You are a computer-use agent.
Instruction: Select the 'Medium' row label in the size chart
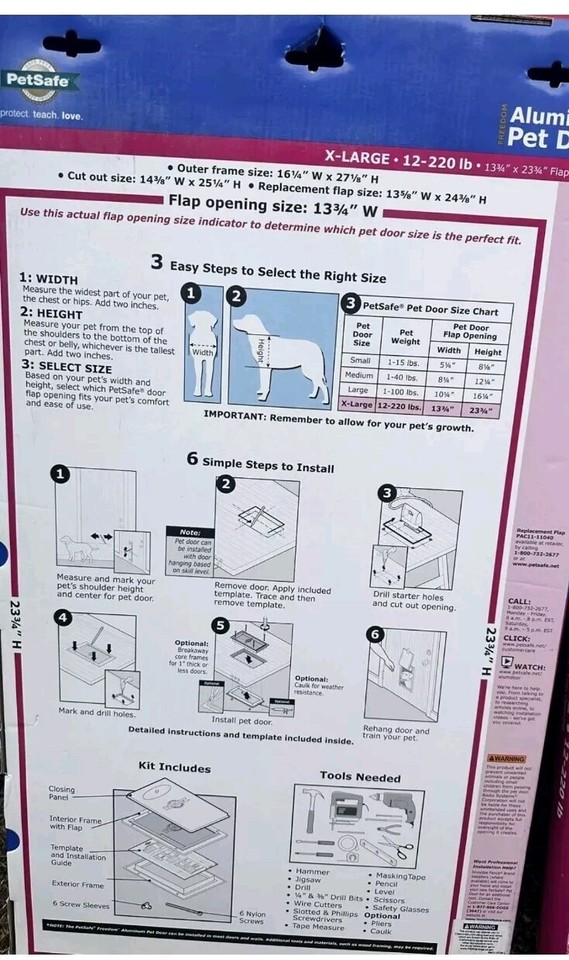point(359,376)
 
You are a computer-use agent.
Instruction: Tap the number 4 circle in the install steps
point(63,618)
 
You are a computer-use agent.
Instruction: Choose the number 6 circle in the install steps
point(375,634)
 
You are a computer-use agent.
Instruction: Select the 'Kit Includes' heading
point(174,767)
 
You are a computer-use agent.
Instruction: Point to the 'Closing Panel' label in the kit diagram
point(62,794)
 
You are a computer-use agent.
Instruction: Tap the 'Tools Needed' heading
point(360,775)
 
